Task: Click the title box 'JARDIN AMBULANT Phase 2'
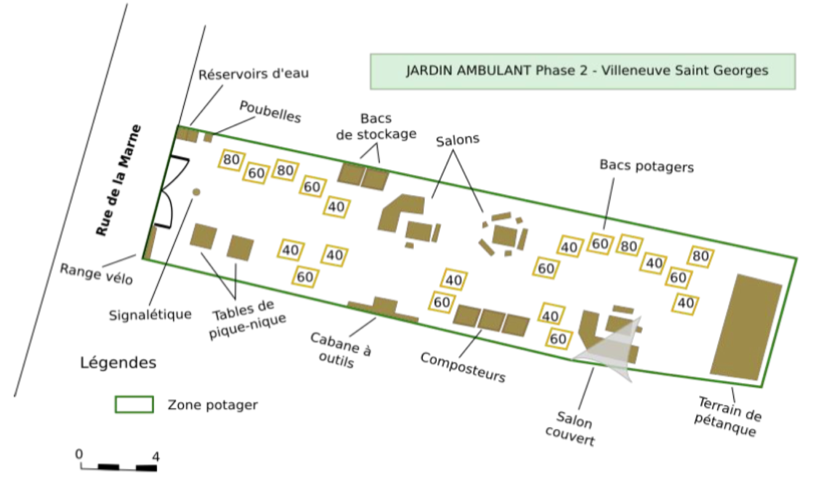[582, 71]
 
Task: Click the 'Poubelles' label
[270, 112]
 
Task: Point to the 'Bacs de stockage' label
[376, 127]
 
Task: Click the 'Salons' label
[457, 140]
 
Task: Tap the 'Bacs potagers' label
[647, 166]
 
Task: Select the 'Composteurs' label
[463, 368]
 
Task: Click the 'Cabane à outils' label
[341, 350]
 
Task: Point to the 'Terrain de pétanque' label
[729, 416]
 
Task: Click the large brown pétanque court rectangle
[747, 327]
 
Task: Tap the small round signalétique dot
[196, 192]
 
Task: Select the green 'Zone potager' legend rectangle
[134, 405]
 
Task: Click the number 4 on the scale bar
[156, 457]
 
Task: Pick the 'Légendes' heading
[118, 363]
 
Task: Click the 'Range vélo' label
[97, 274]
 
